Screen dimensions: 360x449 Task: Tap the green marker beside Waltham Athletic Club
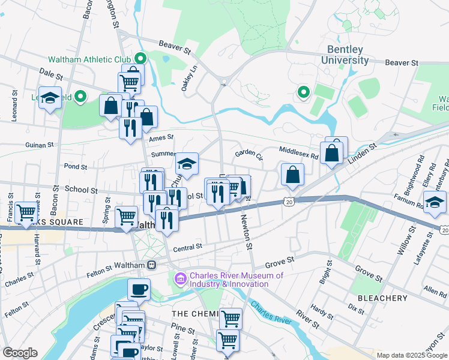(x=141, y=59)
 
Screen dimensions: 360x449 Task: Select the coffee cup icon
(x=139, y=289)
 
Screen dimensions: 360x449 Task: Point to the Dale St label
(x=51, y=74)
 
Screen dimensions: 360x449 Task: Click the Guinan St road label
(x=40, y=145)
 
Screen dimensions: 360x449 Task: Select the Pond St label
(x=76, y=166)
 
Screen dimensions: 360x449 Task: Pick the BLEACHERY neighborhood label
(x=382, y=298)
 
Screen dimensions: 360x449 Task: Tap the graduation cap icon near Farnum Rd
(x=435, y=202)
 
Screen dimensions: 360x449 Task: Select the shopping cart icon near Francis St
(x=26, y=212)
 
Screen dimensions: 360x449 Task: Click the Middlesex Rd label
(x=298, y=152)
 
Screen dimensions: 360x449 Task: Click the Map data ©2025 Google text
(x=411, y=355)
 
